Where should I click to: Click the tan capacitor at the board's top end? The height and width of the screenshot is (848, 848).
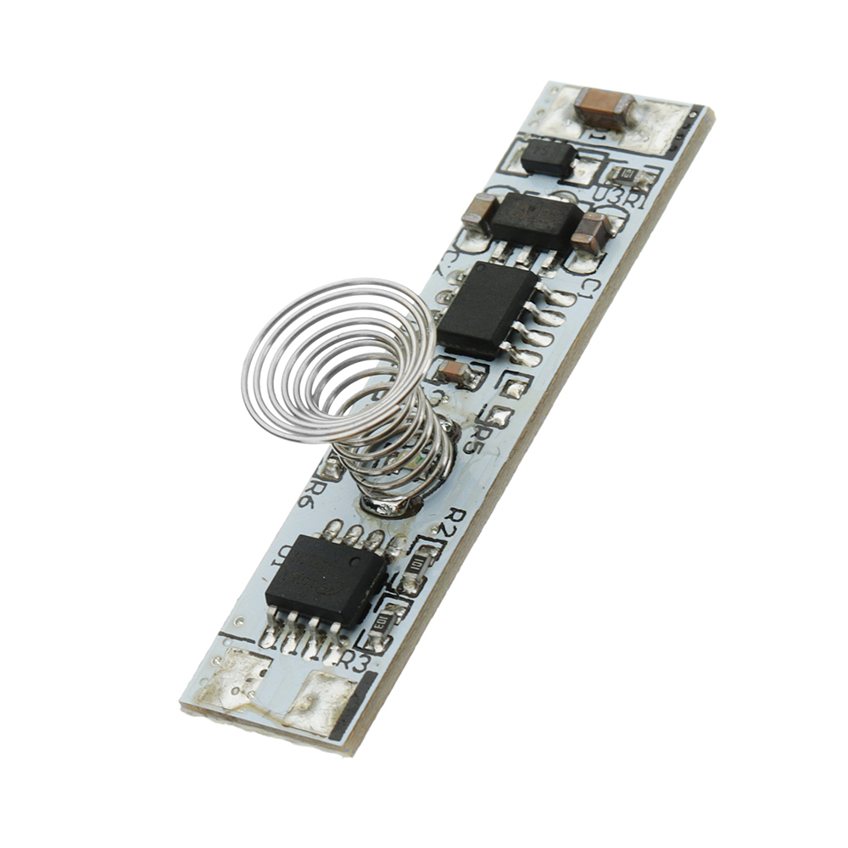[605, 108]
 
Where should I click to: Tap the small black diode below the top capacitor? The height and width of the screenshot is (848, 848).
[548, 157]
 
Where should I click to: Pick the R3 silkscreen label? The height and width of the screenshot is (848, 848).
[357, 662]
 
